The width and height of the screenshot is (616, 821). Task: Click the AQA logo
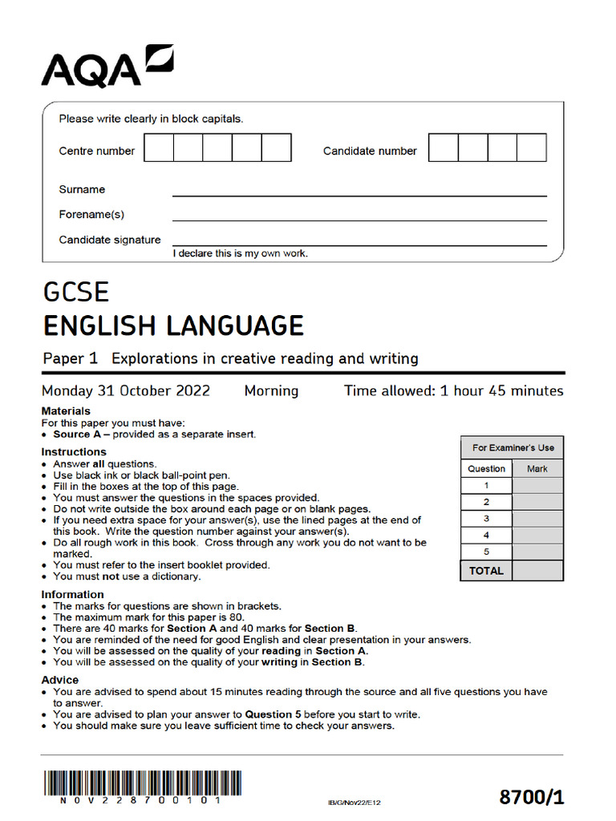click(x=107, y=67)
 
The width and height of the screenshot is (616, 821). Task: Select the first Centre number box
click(x=158, y=148)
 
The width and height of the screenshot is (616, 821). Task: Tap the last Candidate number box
click(x=531, y=148)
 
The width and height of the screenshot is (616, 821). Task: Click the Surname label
click(x=82, y=190)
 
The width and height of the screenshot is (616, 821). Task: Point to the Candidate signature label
click(x=109, y=240)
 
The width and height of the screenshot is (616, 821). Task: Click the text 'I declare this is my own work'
click(x=240, y=253)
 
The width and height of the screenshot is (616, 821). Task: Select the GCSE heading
click(x=75, y=291)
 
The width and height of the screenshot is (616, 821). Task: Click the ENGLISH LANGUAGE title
click(x=172, y=326)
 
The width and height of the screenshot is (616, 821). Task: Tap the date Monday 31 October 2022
click(x=126, y=391)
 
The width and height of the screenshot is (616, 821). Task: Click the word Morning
click(x=271, y=391)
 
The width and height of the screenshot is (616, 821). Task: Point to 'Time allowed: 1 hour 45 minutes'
click(x=453, y=391)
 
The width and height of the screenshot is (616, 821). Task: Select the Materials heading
click(x=66, y=411)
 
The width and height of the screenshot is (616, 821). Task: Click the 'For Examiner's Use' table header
click(x=513, y=448)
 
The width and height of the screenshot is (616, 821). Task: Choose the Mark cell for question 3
click(x=537, y=519)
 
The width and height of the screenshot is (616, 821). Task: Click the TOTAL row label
click(x=486, y=571)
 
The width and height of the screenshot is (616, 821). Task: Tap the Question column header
click(x=486, y=468)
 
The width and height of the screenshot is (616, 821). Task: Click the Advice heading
click(x=60, y=680)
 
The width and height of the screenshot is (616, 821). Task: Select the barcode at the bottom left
click(x=142, y=783)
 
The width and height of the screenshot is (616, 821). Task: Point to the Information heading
click(x=73, y=595)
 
